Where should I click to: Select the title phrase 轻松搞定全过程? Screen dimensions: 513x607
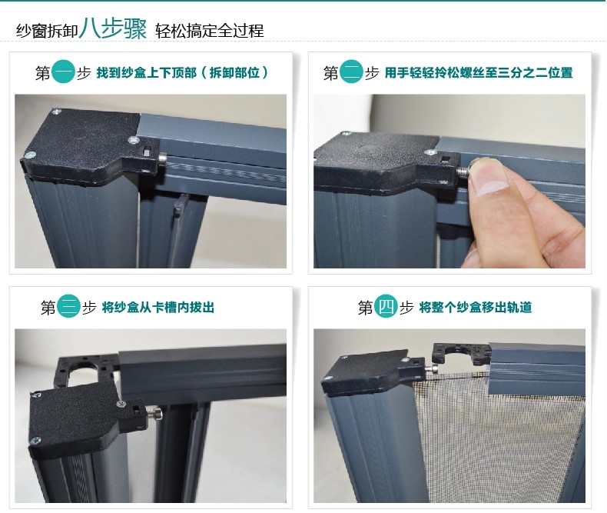[x=209, y=31]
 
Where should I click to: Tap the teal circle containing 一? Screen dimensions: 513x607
[x=63, y=73]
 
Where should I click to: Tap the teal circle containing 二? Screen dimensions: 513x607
[x=351, y=73]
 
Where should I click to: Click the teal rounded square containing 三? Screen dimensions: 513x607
[x=69, y=308]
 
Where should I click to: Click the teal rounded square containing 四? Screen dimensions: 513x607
[x=386, y=308]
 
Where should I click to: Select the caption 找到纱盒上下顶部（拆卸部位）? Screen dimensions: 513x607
[x=182, y=74]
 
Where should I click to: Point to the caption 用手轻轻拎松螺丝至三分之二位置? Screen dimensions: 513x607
[x=479, y=74]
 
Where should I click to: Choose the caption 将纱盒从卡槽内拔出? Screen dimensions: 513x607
[x=161, y=308]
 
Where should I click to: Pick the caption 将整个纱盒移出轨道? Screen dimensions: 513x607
[x=476, y=308]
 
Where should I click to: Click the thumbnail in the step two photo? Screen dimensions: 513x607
[x=486, y=176]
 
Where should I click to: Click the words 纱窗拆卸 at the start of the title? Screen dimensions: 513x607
[x=46, y=31]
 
